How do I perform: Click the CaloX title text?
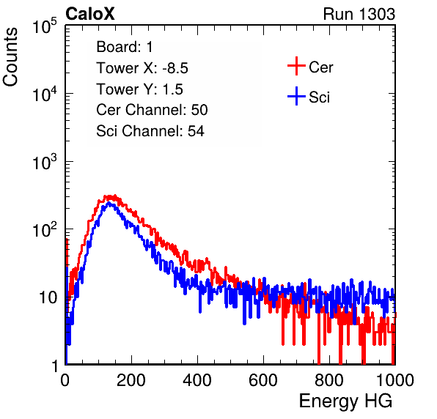click(89, 14)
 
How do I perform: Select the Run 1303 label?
click(359, 14)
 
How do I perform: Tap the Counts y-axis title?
click(10, 57)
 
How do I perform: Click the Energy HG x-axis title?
click(345, 401)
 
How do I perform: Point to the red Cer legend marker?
click(296, 66)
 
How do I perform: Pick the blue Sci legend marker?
click(296, 97)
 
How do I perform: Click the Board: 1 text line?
click(125, 47)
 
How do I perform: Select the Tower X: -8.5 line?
click(142, 68)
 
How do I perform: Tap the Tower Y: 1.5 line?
click(139, 89)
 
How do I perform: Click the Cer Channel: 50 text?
click(152, 110)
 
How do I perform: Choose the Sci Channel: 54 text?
click(150, 131)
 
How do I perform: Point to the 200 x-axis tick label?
click(131, 379)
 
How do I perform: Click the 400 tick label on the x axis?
click(197, 379)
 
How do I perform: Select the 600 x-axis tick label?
click(263, 379)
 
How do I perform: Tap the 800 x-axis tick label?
click(329, 379)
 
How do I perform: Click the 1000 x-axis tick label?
click(394, 379)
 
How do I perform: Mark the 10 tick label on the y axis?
click(48, 297)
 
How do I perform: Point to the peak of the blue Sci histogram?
click(109, 204)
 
